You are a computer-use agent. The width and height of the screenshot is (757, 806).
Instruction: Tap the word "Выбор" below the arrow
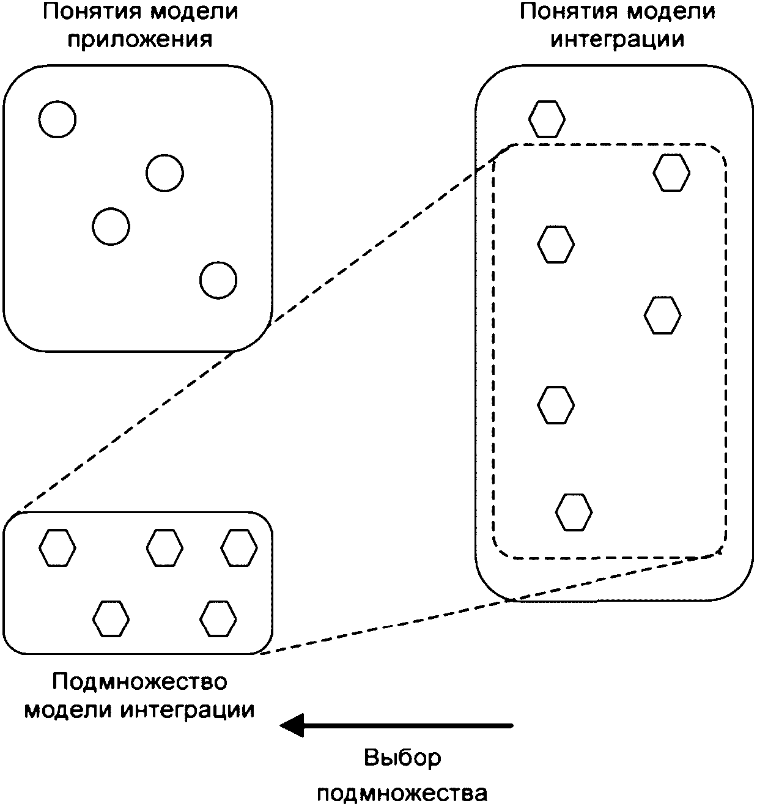pyautogui.click(x=402, y=758)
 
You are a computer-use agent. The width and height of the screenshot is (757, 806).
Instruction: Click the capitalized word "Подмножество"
pyautogui.click(x=139, y=681)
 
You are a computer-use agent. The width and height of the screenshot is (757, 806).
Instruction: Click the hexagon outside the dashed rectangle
pyautogui.click(x=547, y=119)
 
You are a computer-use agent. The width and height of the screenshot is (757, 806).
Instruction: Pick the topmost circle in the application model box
pyautogui.click(x=57, y=119)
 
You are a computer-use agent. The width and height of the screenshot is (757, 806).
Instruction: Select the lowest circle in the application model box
pyautogui.click(x=218, y=280)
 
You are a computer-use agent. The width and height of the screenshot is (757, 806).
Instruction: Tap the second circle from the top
pyautogui.click(x=164, y=173)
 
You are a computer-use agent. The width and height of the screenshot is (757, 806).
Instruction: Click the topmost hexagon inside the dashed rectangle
pyautogui.click(x=671, y=172)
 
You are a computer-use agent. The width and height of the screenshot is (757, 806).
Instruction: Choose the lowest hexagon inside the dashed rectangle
pyautogui.click(x=574, y=512)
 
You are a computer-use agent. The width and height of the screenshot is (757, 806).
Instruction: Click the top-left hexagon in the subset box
pyautogui.click(x=57, y=547)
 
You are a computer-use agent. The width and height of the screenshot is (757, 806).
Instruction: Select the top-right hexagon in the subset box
pyautogui.click(x=239, y=547)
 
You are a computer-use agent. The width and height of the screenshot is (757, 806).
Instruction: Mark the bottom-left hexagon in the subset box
pyautogui.click(x=111, y=619)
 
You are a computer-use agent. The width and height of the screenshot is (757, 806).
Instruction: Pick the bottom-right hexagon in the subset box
pyautogui.click(x=218, y=619)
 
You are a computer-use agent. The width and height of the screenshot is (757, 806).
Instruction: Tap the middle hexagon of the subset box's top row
pyautogui.click(x=164, y=547)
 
